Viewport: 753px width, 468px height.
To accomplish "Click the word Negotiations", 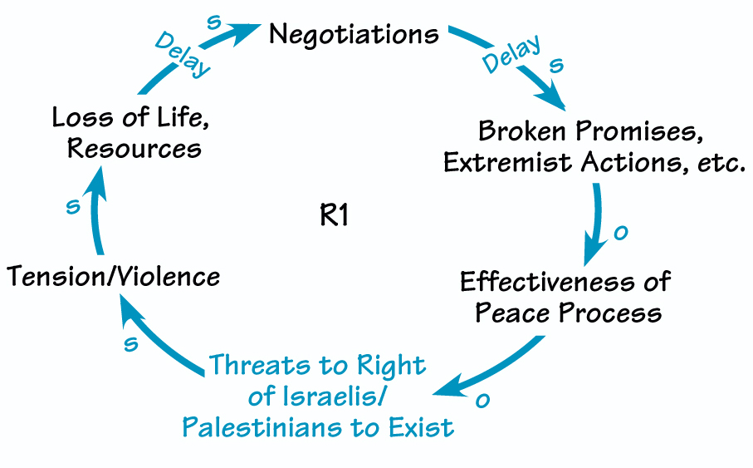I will [354, 34].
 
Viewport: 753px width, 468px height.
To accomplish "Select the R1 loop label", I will [334, 217].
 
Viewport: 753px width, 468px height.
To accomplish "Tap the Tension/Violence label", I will [114, 276].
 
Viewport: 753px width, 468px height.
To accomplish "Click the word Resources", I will [134, 149].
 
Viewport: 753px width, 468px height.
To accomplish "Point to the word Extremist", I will [501, 163].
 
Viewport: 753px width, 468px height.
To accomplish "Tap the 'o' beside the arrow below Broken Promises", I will [619, 234].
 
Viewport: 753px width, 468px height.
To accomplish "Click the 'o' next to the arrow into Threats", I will [482, 401].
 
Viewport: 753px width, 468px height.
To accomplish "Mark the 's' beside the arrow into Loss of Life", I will [72, 206].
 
